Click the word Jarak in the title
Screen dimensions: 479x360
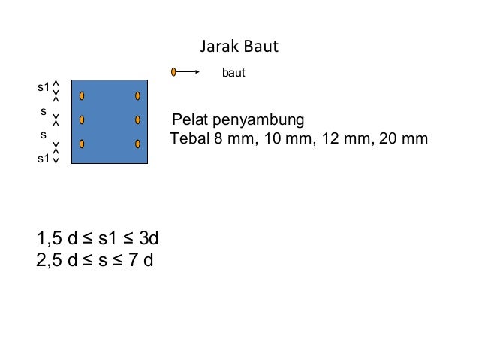pyautogui.click(x=218, y=47)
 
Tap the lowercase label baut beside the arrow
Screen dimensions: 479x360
pyautogui.click(x=234, y=74)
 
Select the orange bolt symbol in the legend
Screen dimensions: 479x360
pyautogui.click(x=173, y=72)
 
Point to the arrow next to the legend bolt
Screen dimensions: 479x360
pyautogui.click(x=188, y=72)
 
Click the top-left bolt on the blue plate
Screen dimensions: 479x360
pyautogui.click(x=81, y=96)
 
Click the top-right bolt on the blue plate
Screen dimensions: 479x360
pyautogui.click(x=138, y=96)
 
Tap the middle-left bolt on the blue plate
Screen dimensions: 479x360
pyautogui.click(x=81, y=119)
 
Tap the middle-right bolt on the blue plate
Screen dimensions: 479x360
pyautogui.click(x=138, y=119)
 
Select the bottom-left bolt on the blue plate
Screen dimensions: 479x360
pyautogui.click(x=81, y=144)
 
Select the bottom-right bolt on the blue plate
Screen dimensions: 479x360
pyautogui.click(x=138, y=144)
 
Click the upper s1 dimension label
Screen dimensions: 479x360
pyautogui.click(x=44, y=88)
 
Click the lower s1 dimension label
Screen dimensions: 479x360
pyautogui.click(x=44, y=158)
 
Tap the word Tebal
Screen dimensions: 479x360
pyautogui.click(x=189, y=139)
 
